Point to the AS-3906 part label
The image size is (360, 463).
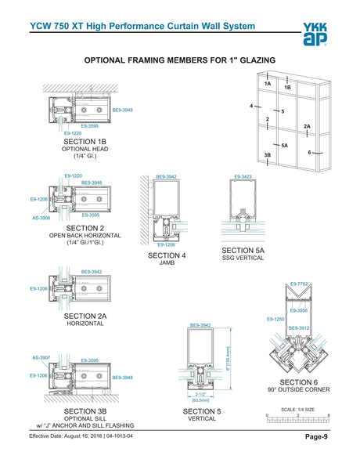coord(41,218)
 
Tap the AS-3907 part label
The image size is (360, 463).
coord(41,357)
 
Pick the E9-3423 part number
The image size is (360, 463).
coord(245,177)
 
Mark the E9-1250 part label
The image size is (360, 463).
coord(275,320)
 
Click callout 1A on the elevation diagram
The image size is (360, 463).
coord(268,83)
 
